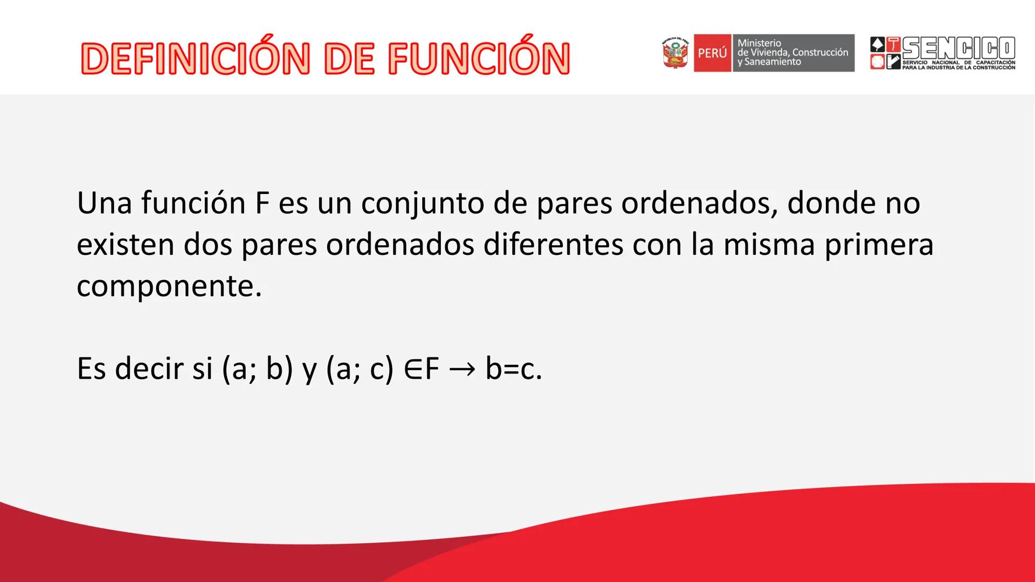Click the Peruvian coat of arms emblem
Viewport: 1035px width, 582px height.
[x=676, y=53]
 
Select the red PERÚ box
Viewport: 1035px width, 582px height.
[x=712, y=53]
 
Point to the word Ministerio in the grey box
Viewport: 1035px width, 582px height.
[x=759, y=43]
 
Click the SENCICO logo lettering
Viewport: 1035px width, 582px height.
[x=959, y=48]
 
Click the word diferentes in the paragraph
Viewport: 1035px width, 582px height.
[x=553, y=244]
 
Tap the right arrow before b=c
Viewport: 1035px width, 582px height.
[x=461, y=370]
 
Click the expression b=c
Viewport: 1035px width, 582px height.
[x=513, y=369]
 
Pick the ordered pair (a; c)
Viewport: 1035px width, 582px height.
[x=360, y=369]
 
